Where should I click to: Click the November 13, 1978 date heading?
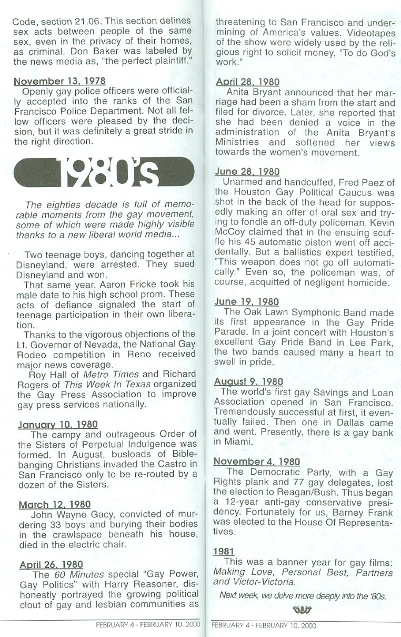point(59,81)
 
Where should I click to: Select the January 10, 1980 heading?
point(58,424)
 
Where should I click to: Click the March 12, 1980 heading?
point(55,505)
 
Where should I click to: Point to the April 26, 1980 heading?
point(51,565)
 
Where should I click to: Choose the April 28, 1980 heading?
point(247,82)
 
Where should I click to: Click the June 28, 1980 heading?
point(247,172)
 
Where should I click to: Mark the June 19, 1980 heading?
point(247,302)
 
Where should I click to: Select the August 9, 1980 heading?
point(249,381)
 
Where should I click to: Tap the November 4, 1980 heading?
point(257,462)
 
